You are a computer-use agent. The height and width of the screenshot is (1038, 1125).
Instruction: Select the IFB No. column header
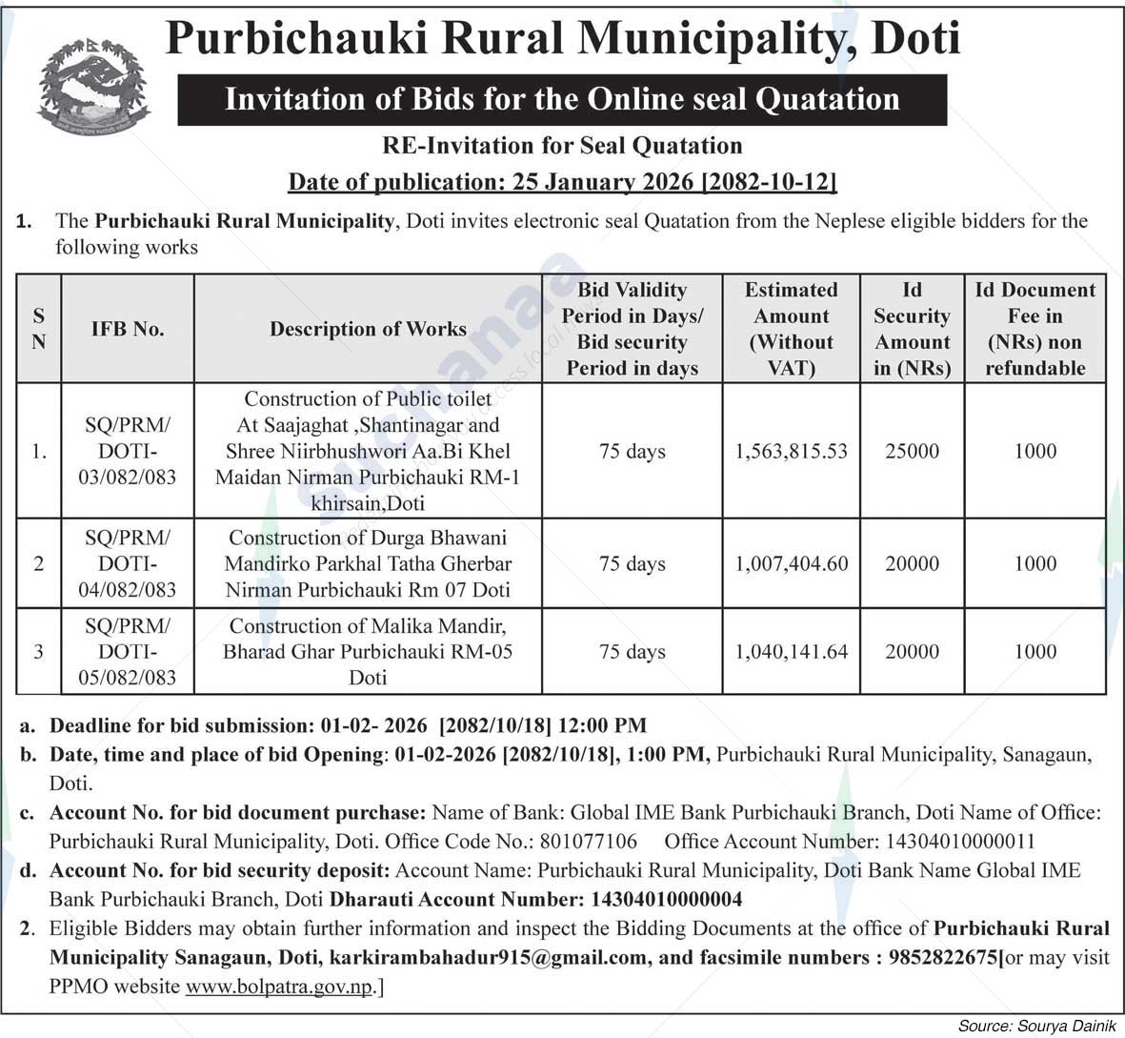pos(128,329)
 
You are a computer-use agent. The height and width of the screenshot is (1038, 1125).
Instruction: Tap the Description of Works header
pos(368,329)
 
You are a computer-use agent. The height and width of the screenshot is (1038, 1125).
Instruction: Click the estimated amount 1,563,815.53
pos(791,451)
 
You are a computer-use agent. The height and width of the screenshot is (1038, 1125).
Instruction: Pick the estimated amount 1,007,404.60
pos(791,563)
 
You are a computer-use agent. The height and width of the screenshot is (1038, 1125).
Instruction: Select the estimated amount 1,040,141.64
pos(791,651)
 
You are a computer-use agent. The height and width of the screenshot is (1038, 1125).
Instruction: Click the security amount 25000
pos(912,451)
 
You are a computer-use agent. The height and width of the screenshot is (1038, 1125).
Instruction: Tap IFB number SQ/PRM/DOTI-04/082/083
pos(128,563)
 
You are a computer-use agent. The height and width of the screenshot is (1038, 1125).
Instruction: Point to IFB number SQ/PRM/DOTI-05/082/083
pos(128,651)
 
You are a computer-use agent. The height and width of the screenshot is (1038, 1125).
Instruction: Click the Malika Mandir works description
pos(368,651)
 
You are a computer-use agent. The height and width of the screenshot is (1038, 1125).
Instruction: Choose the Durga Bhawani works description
pos(368,563)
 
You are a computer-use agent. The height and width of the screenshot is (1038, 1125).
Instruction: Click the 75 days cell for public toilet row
pos(632,451)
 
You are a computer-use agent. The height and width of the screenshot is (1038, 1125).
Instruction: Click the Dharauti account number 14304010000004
pos(666,899)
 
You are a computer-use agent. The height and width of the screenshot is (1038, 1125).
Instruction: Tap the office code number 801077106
pos(588,842)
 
